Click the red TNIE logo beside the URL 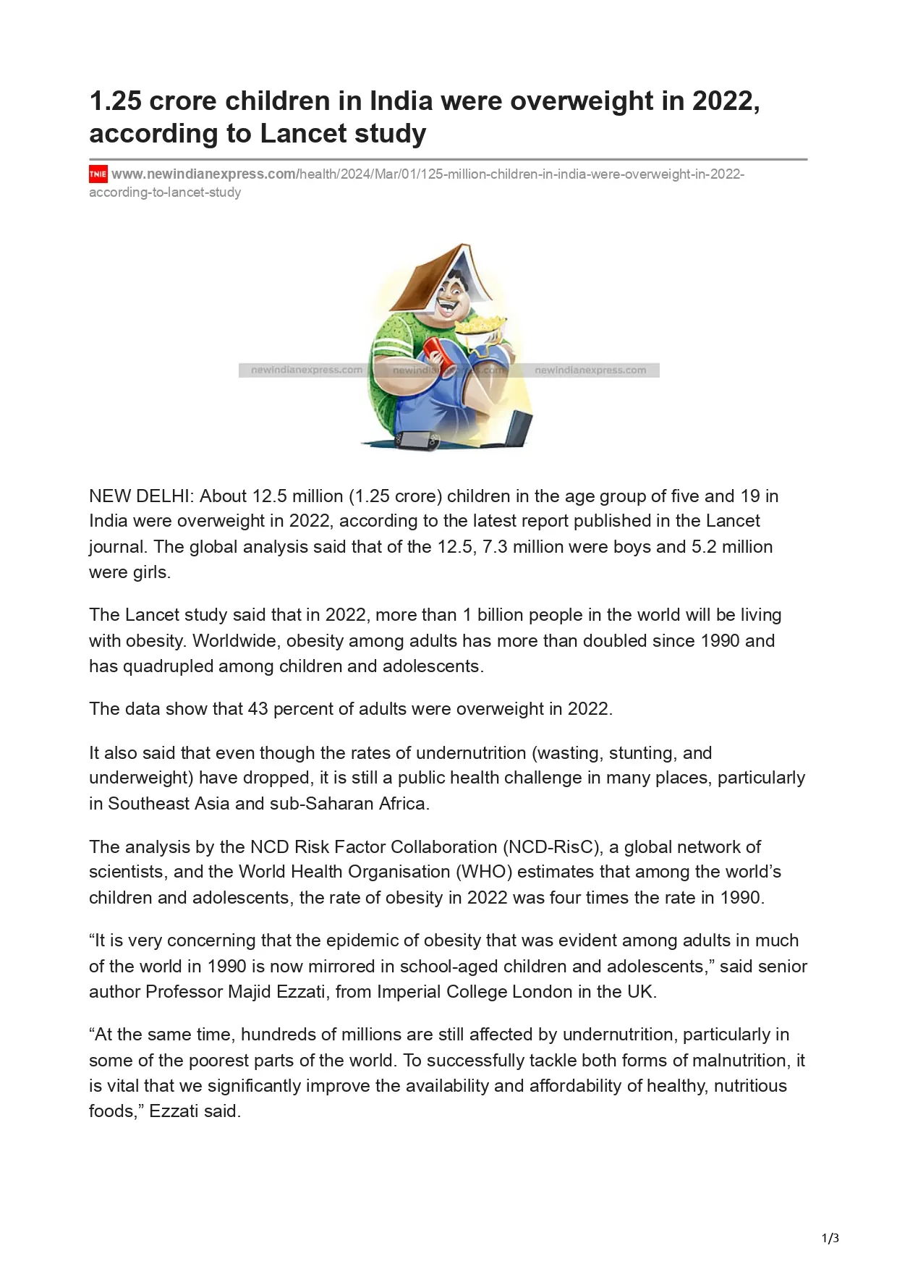(98, 174)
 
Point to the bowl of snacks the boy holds (480, 326)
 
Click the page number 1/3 (830, 1238)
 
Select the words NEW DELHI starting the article (140, 496)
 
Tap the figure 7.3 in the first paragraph (495, 547)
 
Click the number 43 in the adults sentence (258, 709)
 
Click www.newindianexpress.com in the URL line (203, 174)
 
